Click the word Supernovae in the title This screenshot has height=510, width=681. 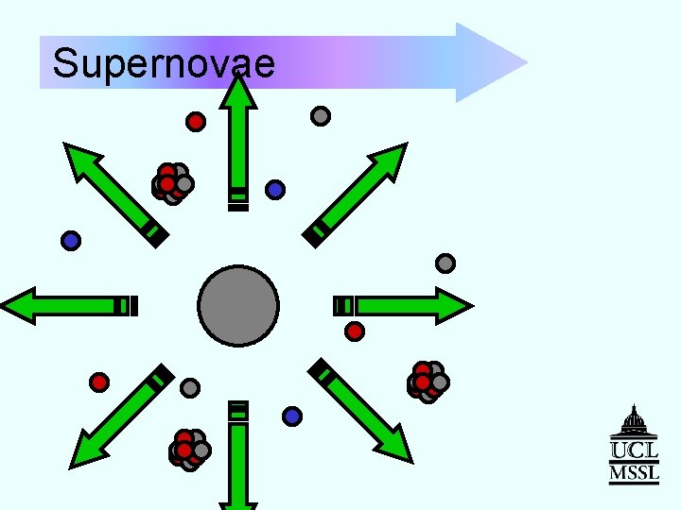pyautogui.click(x=164, y=64)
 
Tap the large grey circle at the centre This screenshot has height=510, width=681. pyautogui.click(x=238, y=306)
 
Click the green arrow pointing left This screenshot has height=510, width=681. pyautogui.click(x=66, y=306)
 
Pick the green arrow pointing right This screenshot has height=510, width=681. pyautogui.click(x=407, y=306)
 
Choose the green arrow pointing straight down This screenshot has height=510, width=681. pyautogui.click(x=238, y=463)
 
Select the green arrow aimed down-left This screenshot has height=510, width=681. pyautogui.click(x=118, y=420)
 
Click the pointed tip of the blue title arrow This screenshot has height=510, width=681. pyautogui.click(x=520, y=63)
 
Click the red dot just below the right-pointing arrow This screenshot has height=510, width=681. pyautogui.click(x=355, y=331)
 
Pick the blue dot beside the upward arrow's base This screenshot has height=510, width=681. pyautogui.click(x=275, y=190)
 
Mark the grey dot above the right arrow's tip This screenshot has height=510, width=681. pyautogui.click(x=445, y=263)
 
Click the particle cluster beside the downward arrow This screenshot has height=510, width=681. pyautogui.click(x=188, y=450)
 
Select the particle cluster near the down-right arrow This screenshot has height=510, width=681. pyautogui.click(x=427, y=381)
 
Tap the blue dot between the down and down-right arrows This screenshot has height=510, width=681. pyautogui.click(x=292, y=416)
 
